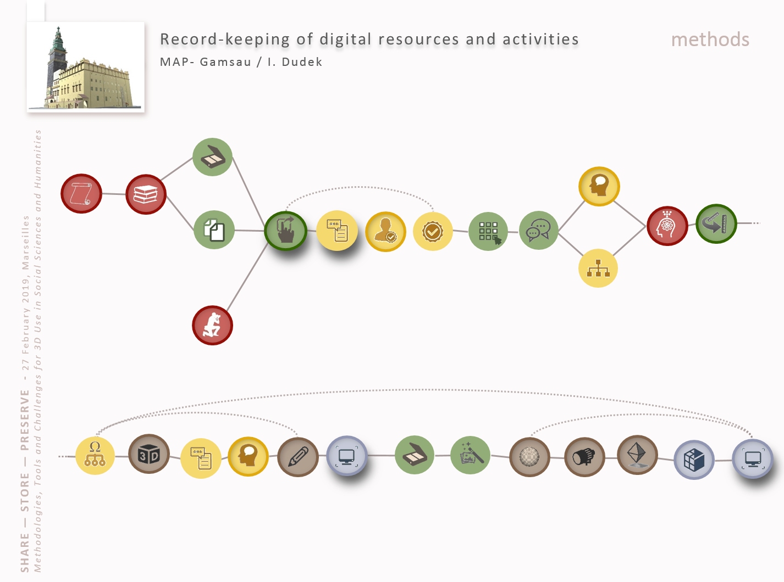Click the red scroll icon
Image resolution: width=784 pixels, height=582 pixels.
point(81,193)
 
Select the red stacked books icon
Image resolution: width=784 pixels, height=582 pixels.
point(146,194)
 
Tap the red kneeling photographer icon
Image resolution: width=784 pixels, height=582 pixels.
point(212,325)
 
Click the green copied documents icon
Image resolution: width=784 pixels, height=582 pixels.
point(214,230)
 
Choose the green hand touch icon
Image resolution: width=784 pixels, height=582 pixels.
point(285,231)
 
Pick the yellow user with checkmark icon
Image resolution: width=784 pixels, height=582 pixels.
point(385,232)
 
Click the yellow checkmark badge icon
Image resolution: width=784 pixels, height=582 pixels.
point(433,232)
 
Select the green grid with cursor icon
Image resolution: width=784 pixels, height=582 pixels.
point(488,232)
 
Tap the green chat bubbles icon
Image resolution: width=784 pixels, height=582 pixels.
point(539,231)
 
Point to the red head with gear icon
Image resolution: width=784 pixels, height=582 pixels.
point(667,226)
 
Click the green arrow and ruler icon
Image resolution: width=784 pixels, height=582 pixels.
point(716,223)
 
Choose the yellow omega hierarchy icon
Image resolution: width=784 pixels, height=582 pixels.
point(95,456)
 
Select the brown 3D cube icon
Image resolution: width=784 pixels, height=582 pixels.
point(149,454)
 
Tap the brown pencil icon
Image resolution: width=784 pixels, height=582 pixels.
point(298,457)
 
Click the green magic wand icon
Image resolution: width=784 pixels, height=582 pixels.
point(471,455)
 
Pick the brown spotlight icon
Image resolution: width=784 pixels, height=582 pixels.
point(584,457)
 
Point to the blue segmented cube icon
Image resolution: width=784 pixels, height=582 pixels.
point(694,460)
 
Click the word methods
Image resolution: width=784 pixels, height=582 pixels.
point(710,40)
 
